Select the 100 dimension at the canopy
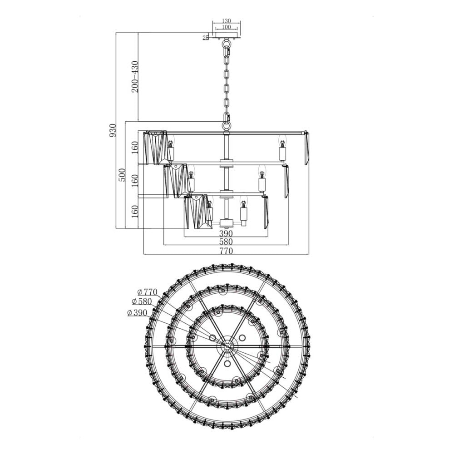tap(227, 27)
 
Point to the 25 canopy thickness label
tap(206, 38)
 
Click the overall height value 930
tap(113, 130)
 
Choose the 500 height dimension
tap(122, 175)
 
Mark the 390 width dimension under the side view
tap(226, 233)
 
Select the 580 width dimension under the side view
tap(226, 242)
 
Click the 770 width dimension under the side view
tap(226, 251)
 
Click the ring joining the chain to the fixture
tap(226, 123)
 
